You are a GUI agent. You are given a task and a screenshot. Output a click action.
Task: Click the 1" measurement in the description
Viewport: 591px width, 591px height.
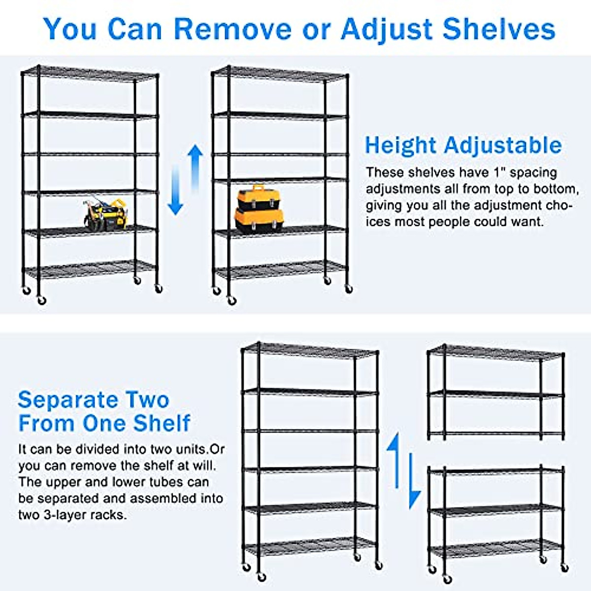498,172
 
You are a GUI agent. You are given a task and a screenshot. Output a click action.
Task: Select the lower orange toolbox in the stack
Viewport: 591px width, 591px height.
259,220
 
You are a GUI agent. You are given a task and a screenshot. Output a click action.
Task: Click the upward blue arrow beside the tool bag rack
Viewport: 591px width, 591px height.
196,167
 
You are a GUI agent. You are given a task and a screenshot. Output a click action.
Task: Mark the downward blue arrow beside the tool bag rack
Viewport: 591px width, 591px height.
175,192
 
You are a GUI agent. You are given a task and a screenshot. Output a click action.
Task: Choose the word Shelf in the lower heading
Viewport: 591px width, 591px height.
162,423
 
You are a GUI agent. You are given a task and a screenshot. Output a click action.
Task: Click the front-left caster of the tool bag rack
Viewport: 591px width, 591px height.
42,300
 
